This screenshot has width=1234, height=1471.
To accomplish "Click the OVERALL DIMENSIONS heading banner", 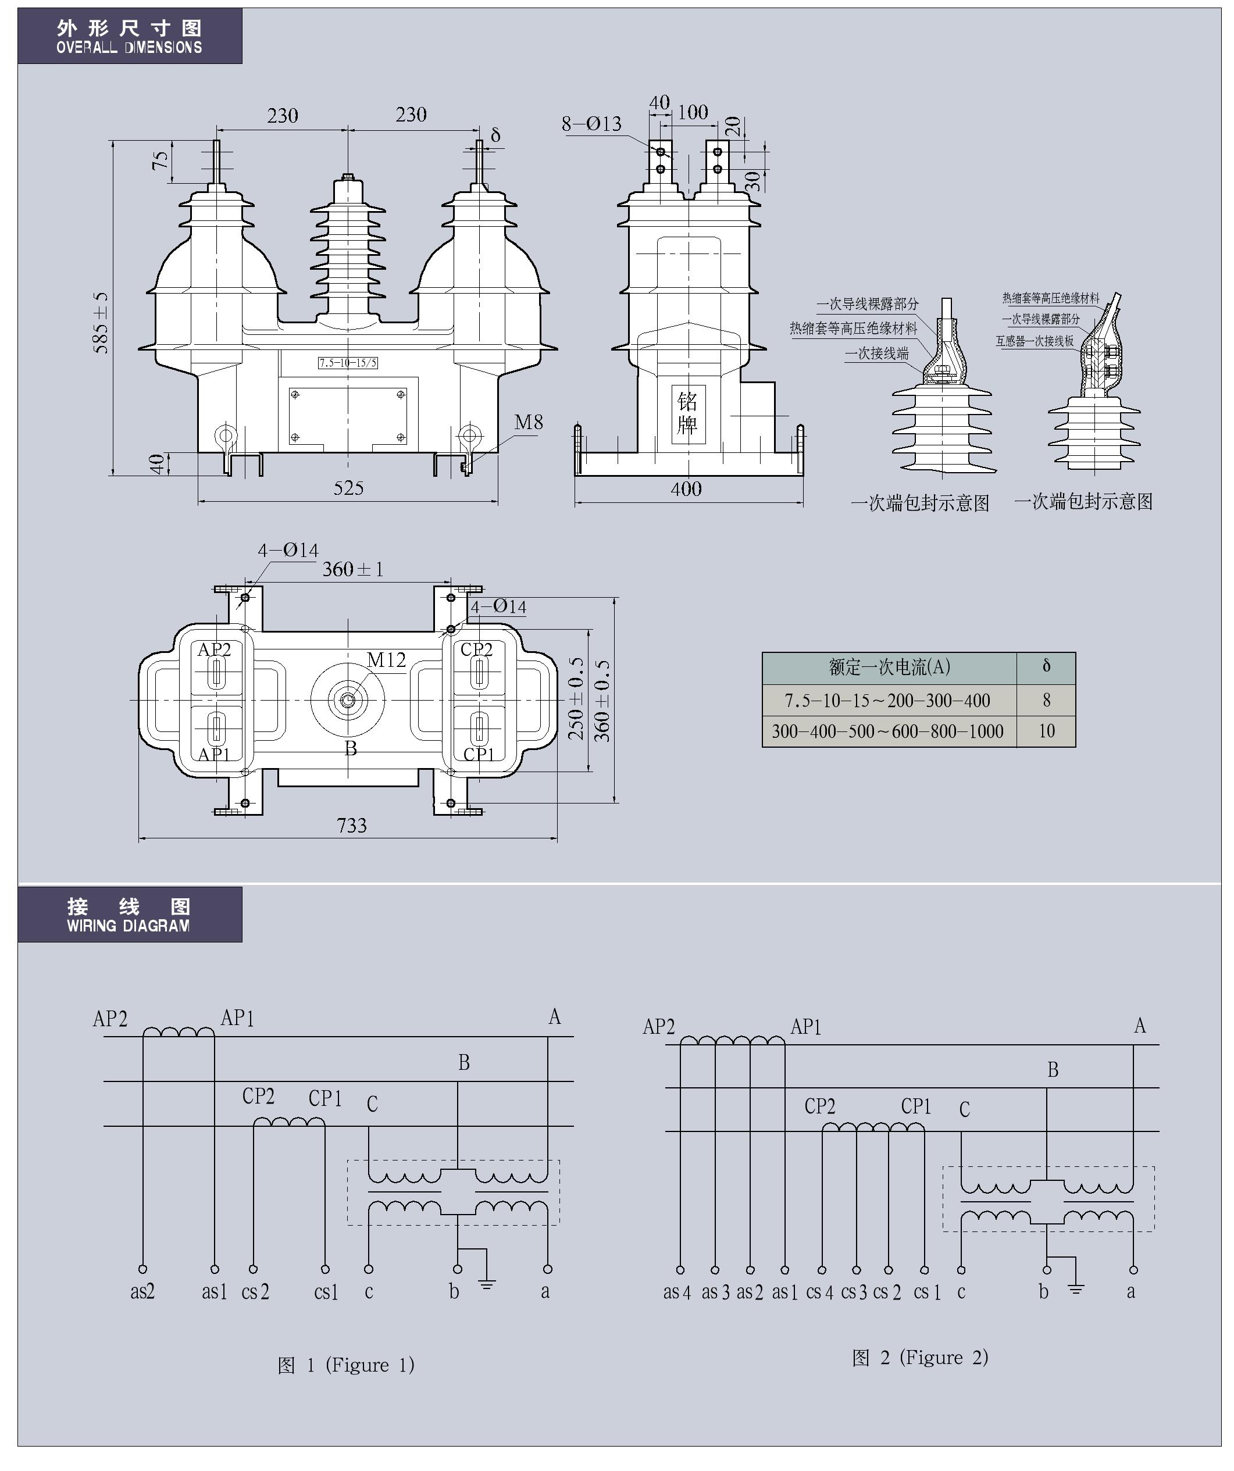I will pyautogui.click(x=130, y=37).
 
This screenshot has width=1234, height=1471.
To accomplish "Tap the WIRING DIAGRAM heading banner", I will pyautogui.click(x=130, y=915).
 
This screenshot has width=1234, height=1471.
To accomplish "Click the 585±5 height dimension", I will pyautogui.click(x=102, y=322).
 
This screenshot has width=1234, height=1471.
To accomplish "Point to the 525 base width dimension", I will pyautogui.click(x=348, y=488).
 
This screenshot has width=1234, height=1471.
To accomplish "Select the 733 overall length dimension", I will pyautogui.click(x=352, y=826).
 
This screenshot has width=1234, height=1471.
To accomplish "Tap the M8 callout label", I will pyautogui.click(x=529, y=422).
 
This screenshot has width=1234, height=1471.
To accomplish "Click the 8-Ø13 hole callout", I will pyautogui.click(x=591, y=124).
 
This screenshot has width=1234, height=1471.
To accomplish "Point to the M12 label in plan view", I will pyautogui.click(x=386, y=660).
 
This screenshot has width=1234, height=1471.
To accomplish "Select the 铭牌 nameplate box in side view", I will pyautogui.click(x=687, y=413).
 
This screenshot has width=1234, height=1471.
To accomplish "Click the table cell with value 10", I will pyautogui.click(x=1046, y=731).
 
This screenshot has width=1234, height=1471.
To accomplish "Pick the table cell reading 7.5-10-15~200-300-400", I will pyautogui.click(x=888, y=701).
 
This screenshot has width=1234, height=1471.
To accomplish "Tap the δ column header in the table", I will pyautogui.click(x=1046, y=666).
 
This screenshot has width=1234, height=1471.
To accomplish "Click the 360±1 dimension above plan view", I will pyautogui.click(x=353, y=569).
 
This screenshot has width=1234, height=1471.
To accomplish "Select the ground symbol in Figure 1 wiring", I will pyautogui.click(x=487, y=1284).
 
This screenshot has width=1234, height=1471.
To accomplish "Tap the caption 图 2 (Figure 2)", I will pyautogui.click(x=920, y=1358).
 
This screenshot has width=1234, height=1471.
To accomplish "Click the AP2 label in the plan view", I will pyautogui.click(x=214, y=649).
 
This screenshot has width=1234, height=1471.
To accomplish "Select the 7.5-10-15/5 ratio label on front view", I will pyautogui.click(x=348, y=363).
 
